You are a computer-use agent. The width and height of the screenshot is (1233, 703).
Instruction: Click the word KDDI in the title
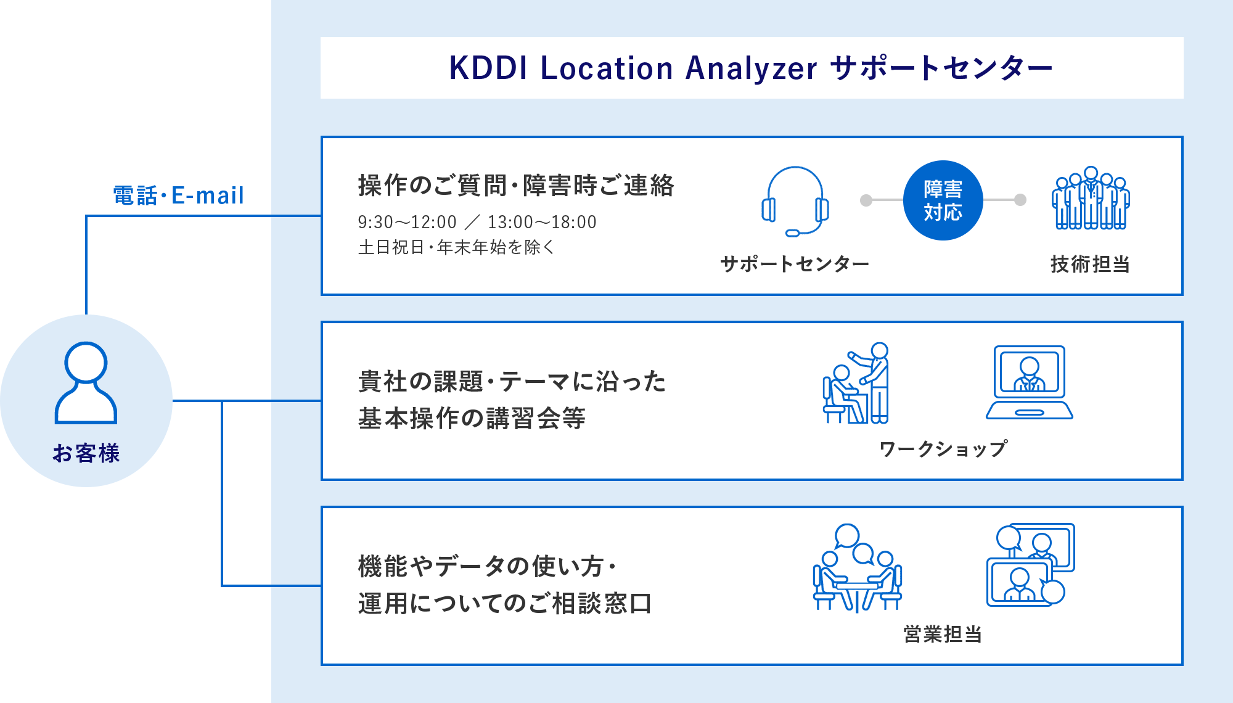(488, 68)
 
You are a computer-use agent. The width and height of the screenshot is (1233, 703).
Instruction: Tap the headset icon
(795, 201)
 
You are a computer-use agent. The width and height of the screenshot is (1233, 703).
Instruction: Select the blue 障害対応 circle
(943, 200)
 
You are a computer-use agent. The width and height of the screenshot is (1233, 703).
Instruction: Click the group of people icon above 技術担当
(1090, 199)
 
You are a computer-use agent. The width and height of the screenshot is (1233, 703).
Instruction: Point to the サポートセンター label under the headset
(795, 264)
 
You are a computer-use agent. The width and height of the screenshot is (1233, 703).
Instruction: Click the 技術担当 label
(1090, 264)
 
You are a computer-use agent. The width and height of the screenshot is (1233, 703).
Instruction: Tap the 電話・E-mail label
(179, 195)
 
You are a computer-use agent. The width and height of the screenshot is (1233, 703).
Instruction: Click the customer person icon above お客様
(86, 383)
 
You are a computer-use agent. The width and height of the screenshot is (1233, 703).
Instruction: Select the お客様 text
(86, 453)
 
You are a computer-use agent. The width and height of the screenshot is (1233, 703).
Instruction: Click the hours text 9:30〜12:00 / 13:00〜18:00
(477, 222)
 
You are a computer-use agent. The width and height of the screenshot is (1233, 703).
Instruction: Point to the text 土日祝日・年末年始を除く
(456, 247)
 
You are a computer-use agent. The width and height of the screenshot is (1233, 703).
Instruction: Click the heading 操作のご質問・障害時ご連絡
(516, 186)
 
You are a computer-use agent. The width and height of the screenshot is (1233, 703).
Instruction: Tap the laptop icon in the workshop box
(1029, 382)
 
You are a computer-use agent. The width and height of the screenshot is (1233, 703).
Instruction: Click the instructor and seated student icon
(857, 384)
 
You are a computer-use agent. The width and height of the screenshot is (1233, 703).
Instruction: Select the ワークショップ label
(943, 448)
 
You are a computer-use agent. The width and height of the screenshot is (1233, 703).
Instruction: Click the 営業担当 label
(943, 634)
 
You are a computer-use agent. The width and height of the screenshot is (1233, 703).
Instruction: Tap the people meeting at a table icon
(857, 567)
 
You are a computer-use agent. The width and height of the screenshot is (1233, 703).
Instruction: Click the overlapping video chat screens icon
(1030, 565)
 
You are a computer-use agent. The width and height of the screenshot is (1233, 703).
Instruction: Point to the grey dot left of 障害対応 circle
(866, 200)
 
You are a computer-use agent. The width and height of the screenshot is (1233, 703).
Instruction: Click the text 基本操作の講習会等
(472, 418)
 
